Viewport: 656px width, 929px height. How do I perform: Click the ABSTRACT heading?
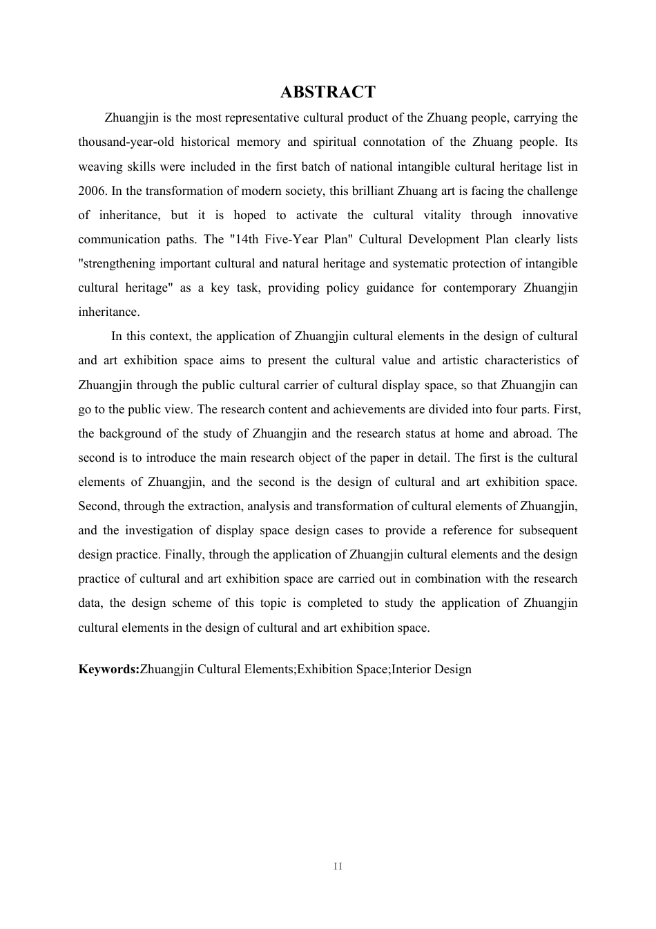point(328,92)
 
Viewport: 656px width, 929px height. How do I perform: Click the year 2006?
point(91,191)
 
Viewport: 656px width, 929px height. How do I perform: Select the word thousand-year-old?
point(126,142)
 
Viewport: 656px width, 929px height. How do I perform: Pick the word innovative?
point(550,215)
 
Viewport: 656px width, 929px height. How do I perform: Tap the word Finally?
point(184,554)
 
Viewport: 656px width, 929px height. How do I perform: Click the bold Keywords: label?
point(108,669)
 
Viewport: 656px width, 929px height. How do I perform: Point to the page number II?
point(338,866)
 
